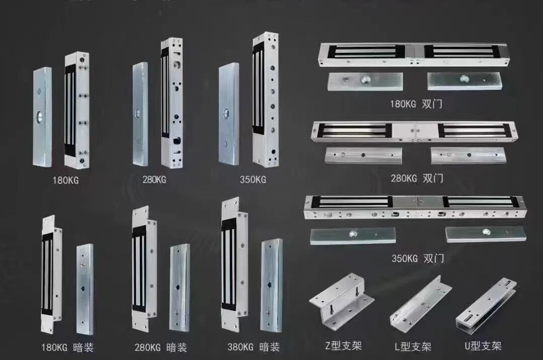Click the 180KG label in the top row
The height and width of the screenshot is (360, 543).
click(x=65, y=180)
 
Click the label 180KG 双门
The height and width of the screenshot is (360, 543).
click(x=417, y=104)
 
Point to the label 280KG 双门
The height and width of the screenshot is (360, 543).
click(x=417, y=178)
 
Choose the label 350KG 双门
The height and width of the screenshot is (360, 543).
click(x=418, y=259)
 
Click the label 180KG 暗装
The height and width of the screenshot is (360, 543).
click(x=67, y=347)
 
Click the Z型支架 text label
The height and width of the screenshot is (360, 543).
click(x=344, y=346)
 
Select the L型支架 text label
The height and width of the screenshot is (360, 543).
click(x=413, y=346)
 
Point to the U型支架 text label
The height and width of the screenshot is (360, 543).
click(x=483, y=346)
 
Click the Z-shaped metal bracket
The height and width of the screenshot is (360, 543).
click(x=342, y=301)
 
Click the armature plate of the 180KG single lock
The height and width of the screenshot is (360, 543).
click(x=42, y=117)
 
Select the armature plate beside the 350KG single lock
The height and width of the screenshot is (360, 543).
click(x=229, y=114)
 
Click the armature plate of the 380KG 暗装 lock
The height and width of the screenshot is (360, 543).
click(x=271, y=285)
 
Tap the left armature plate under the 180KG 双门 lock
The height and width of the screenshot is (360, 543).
click(x=365, y=80)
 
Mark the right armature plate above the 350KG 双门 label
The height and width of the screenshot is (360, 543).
click(x=486, y=234)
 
